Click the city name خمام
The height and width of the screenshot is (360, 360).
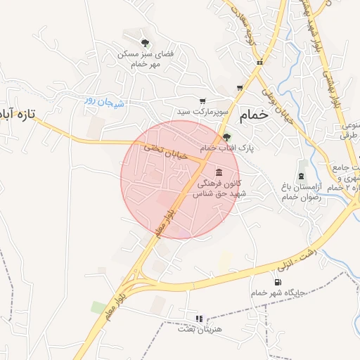pyautogui.click(x=254, y=116)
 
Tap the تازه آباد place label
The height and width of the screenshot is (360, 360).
pyautogui.click(x=17, y=112)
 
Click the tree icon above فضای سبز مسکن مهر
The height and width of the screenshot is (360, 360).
pyautogui.click(x=146, y=41)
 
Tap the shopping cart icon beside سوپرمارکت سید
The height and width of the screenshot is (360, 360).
pyautogui.click(x=203, y=101)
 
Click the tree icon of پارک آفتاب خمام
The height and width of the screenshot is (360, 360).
pyautogui.click(x=226, y=138)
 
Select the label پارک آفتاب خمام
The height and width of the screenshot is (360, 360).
pyautogui.click(x=226, y=149)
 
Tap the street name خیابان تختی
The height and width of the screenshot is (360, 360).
pyautogui.click(x=168, y=153)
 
